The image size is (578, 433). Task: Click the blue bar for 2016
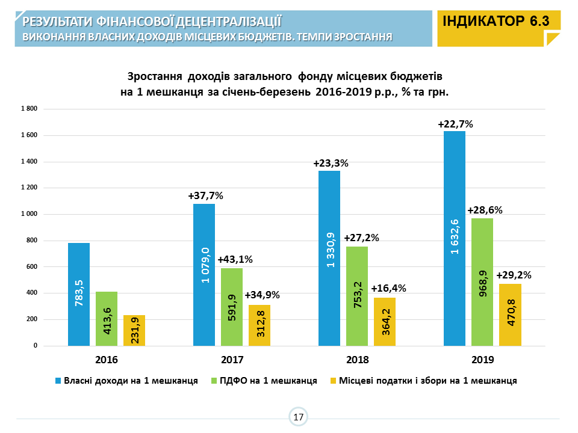pyautogui.click(x=79, y=294)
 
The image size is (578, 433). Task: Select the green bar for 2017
pyautogui.click(x=232, y=307)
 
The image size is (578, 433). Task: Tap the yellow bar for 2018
pyautogui.click(x=385, y=322)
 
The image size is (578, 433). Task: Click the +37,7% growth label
pyautogui.click(x=205, y=195)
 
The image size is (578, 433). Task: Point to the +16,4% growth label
pyautogui.click(x=388, y=288)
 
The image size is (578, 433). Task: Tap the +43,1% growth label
pyautogui.click(x=235, y=259)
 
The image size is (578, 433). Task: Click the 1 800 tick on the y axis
pyautogui.click(x=29, y=109)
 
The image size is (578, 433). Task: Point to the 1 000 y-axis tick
pyautogui.click(x=29, y=214)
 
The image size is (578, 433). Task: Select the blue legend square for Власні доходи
pyautogui.click(x=58, y=381)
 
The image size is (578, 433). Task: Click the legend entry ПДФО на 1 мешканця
pyautogui.click(x=268, y=381)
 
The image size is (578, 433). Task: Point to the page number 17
pyautogui.click(x=298, y=417)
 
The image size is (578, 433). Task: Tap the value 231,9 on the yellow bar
pyautogui.click(x=134, y=331)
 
